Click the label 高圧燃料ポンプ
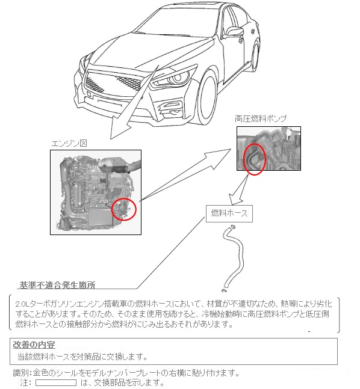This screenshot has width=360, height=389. click(261, 118)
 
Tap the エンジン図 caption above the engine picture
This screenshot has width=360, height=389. click(69, 143)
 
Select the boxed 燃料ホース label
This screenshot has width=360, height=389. click(229, 213)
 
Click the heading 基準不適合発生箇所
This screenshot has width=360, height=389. click(57, 285)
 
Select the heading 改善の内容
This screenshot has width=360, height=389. click(34, 345)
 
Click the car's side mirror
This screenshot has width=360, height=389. click(233, 31)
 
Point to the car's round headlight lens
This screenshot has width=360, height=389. click(177, 78)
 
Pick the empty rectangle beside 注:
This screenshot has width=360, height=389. click(56, 382)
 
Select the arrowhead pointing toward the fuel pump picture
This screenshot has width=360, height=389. click(219, 156)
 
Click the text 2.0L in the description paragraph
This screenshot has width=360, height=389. click(22, 304)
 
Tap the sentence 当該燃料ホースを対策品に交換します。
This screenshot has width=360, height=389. click(82, 357)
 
